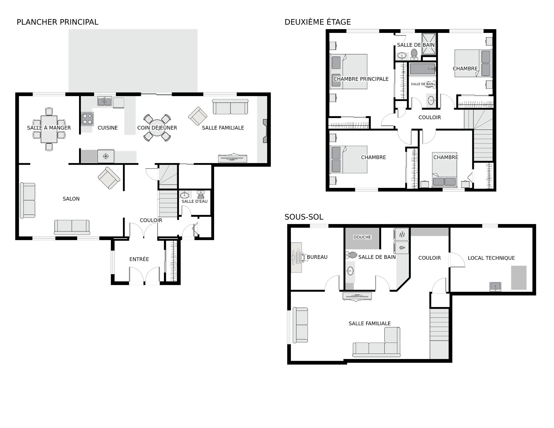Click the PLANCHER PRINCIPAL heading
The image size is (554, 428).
57,22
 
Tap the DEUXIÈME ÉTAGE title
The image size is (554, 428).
318,22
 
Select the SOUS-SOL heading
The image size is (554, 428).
304,217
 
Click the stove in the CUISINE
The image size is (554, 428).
87,119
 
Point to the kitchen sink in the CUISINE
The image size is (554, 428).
104,101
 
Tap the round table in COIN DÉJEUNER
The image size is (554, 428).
157,128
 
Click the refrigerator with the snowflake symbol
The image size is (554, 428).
106,156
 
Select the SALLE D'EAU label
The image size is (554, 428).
194,201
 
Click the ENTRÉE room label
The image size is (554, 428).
139,259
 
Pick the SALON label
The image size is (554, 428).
71,199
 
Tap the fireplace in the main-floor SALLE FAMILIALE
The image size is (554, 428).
265,131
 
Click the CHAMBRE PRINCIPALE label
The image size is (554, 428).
361,79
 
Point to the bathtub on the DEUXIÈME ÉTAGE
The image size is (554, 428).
422,69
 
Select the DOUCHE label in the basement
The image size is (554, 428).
362,237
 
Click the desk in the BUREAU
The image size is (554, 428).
297,257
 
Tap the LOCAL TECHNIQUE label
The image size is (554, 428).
491,258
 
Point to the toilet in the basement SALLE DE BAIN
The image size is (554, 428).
351,255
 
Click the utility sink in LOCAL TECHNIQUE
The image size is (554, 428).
495,287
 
